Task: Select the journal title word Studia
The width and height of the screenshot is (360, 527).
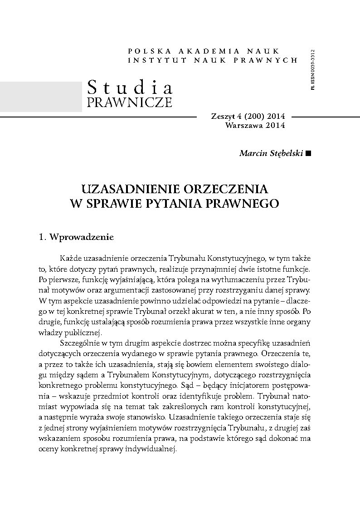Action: [x=129, y=87]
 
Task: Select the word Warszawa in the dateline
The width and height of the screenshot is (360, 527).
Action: [x=243, y=126]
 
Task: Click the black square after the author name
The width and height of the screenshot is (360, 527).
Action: [x=309, y=153]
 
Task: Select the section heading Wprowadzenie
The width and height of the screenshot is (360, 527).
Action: [x=82, y=237]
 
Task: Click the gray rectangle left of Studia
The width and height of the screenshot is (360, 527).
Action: [x=41, y=96]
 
